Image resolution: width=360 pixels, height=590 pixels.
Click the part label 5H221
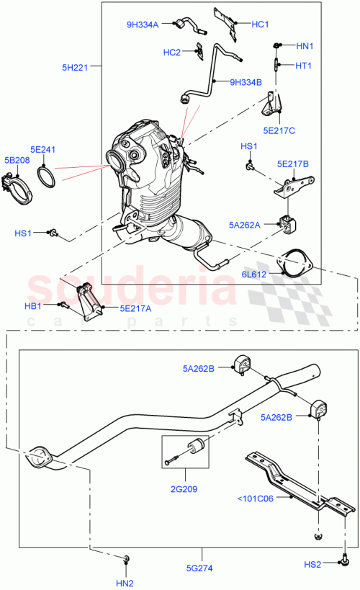coord(74,68)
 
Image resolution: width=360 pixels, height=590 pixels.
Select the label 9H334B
coord(246,81)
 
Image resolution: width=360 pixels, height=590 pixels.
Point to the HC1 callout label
coord(260,24)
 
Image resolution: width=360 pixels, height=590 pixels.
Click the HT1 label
coord(303,66)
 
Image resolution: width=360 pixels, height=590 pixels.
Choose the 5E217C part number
coord(279,130)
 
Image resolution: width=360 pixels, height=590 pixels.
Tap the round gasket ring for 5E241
coord(48,176)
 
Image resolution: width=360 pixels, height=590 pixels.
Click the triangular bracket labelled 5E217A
coord(89,302)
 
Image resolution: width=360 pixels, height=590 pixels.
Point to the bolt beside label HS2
coord(346,557)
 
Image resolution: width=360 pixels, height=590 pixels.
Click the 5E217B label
coord(293,164)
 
